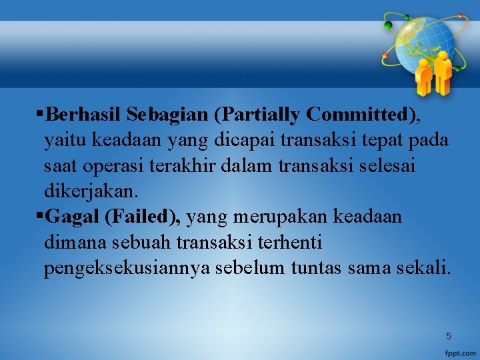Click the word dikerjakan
click(x=91, y=191)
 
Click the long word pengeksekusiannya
click(x=124, y=269)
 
